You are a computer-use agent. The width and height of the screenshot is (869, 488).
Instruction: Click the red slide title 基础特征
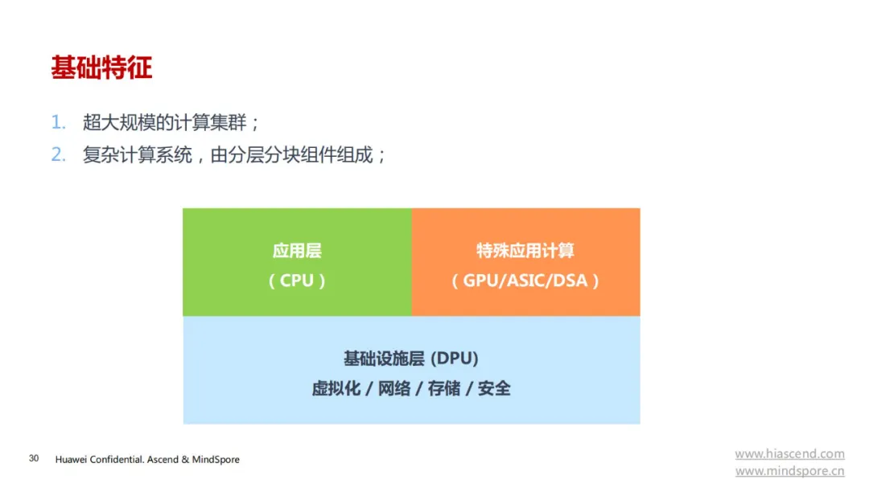pyautogui.click(x=101, y=68)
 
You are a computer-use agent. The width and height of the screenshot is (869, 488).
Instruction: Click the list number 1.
pyautogui.click(x=58, y=122)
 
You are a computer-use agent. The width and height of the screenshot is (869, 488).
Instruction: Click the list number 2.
pyautogui.click(x=58, y=154)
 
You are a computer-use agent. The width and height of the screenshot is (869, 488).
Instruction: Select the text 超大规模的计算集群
pyautogui.click(x=165, y=122)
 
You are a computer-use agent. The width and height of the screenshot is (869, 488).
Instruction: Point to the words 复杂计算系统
pyautogui.click(x=138, y=154)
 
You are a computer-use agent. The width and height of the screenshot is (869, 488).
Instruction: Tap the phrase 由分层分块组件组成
pyautogui.click(x=291, y=154)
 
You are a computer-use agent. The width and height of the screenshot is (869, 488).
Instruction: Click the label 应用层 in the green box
pyautogui.click(x=297, y=251)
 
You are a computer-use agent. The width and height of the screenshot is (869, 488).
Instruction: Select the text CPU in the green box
pyautogui.click(x=296, y=281)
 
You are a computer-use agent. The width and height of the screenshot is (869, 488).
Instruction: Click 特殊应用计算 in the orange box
pyautogui.click(x=525, y=251)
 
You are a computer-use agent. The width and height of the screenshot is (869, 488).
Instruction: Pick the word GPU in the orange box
pyautogui.click(x=480, y=281)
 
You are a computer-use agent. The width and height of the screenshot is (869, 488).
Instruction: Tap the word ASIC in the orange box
pyautogui.click(x=525, y=281)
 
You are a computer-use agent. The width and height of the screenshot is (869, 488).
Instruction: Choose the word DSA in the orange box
pyautogui.click(x=570, y=281)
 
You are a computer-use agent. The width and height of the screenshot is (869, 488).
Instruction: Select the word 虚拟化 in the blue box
pyautogui.click(x=336, y=388)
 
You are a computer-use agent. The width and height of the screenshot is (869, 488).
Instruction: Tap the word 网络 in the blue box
pyautogui.click(x=394, y=388)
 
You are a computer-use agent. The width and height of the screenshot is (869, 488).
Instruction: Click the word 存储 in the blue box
pyautogui.click(x=444, y=388)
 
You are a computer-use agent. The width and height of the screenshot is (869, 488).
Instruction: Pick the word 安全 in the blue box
pyautogui.click(x=494, y=388)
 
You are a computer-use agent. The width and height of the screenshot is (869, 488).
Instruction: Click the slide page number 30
pyautogui.click(x=34, y=458)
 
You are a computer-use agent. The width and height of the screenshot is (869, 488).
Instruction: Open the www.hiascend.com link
pyautogui.click(x=790, y=453)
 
